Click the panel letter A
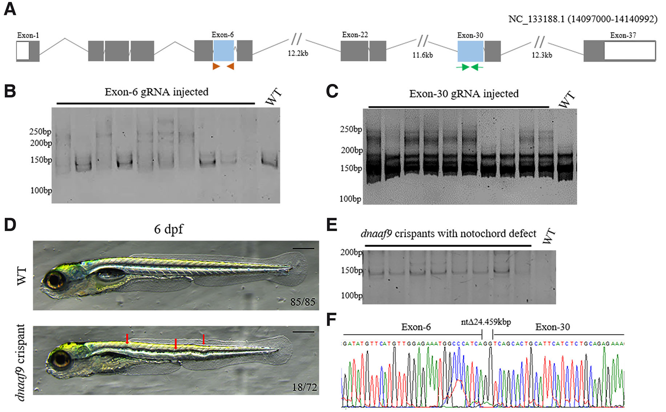[10, 9]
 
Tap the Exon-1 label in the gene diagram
[28, 36]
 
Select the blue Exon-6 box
[223, 51]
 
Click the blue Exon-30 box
[470, 51]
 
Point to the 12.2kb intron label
[298, 53]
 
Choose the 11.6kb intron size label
[423, 55]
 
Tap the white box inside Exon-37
[630, 51]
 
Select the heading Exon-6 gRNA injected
[156, 92]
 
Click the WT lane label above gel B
[273, 97]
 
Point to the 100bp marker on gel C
[350, 199]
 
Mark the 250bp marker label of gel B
[40, 132]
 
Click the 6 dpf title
[169, 229]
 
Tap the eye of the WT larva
[55, 280]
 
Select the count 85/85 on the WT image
[303, 302]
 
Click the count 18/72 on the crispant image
[304, 387]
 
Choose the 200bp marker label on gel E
[351, 252]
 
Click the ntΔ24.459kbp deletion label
[486, 322]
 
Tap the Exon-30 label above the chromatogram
[552, 327]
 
